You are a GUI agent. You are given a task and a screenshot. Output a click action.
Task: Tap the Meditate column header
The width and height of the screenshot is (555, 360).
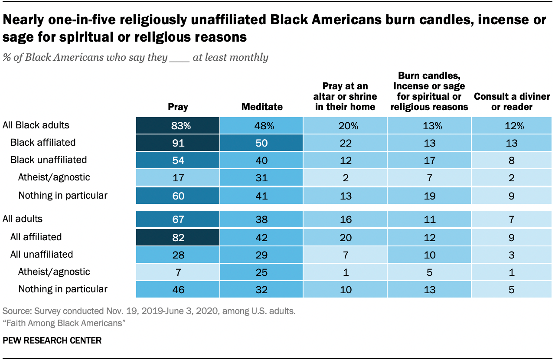click(x=261, y=107)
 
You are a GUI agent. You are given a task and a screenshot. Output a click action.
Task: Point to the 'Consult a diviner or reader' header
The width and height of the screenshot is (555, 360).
click(x=512, y=101)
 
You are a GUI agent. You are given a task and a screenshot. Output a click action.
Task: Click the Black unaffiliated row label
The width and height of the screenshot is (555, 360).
click(x=49, y=160)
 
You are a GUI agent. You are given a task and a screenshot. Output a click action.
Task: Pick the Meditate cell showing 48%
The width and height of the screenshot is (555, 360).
click(x=261, y=126)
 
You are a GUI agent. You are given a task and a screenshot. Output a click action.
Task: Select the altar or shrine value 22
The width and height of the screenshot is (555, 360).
click(x=346, y=143)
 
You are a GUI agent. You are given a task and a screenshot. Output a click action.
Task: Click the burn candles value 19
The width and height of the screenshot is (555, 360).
click(x=429, y=196)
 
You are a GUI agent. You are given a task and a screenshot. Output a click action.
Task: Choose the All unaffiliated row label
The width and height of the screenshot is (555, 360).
click(x=42, y=254)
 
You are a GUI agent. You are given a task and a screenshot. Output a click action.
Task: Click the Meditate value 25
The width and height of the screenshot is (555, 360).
click(x=261, y=272)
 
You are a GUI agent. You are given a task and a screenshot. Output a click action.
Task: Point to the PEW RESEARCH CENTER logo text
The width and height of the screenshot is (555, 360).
click(x=52, y=340)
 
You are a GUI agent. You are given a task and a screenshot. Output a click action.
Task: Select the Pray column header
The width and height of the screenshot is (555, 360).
click(x=178, y=107)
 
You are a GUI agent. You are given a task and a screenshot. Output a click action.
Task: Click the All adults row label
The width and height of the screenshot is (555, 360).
click(x=23, y=219)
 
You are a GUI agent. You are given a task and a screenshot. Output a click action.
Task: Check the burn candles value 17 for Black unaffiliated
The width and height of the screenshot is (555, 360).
click(x=429, y=160)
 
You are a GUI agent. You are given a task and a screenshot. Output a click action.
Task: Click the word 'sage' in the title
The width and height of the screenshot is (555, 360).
click(x=17, y=37)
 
